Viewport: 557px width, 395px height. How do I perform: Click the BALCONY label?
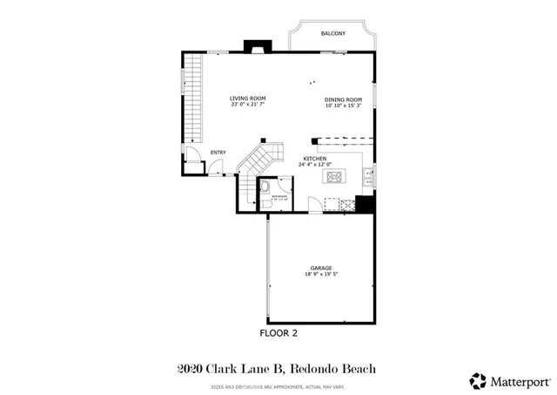pyautogui.click(x=332, y=33)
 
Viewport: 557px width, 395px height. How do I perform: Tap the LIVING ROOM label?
pyautogui.click(x=247, y=98)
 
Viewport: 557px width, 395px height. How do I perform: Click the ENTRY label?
pyautogui.click(x=218, y=153)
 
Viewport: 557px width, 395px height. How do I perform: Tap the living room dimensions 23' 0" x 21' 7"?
pyautogui.click(x=247, y=105)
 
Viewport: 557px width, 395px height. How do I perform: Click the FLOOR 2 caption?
pyautogui.click(x=278, y=333)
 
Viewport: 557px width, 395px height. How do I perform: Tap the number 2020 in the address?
pyautogui.click(x=191, y=369)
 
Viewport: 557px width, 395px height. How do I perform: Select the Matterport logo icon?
pyautogui.click(x=478, y=380)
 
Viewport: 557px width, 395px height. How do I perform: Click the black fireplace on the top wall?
pyautogui.click(x=257, y=46)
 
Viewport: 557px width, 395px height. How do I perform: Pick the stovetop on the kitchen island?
pyautogui.click(x=335, y=177)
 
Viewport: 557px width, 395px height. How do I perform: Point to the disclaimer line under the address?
pyautogui.click(x=278, y=385)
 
